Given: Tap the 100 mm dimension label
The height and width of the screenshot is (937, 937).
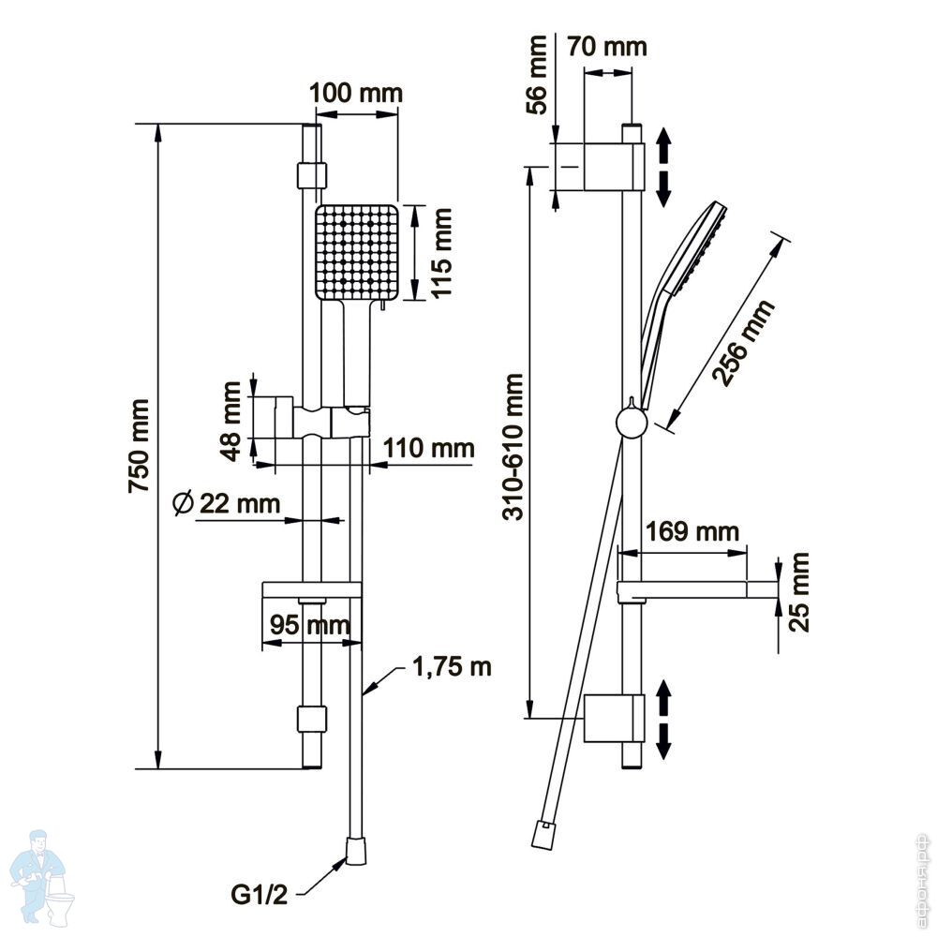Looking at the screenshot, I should [x=356, y=93].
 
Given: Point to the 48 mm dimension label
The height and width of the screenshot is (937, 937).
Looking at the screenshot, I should [x=234, y=417].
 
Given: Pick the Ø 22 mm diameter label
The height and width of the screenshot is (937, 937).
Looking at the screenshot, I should [x=227, y=503].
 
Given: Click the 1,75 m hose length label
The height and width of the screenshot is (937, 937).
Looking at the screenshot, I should [x=453, y=668].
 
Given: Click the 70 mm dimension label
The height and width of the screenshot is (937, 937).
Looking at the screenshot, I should [x=608, y=46].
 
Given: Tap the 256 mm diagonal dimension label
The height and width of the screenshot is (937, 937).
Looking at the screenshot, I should [x=743, y=343].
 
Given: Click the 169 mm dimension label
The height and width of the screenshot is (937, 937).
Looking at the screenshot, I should [x=692, y=532].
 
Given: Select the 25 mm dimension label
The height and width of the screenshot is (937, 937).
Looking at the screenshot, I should [x=798, y=592].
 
